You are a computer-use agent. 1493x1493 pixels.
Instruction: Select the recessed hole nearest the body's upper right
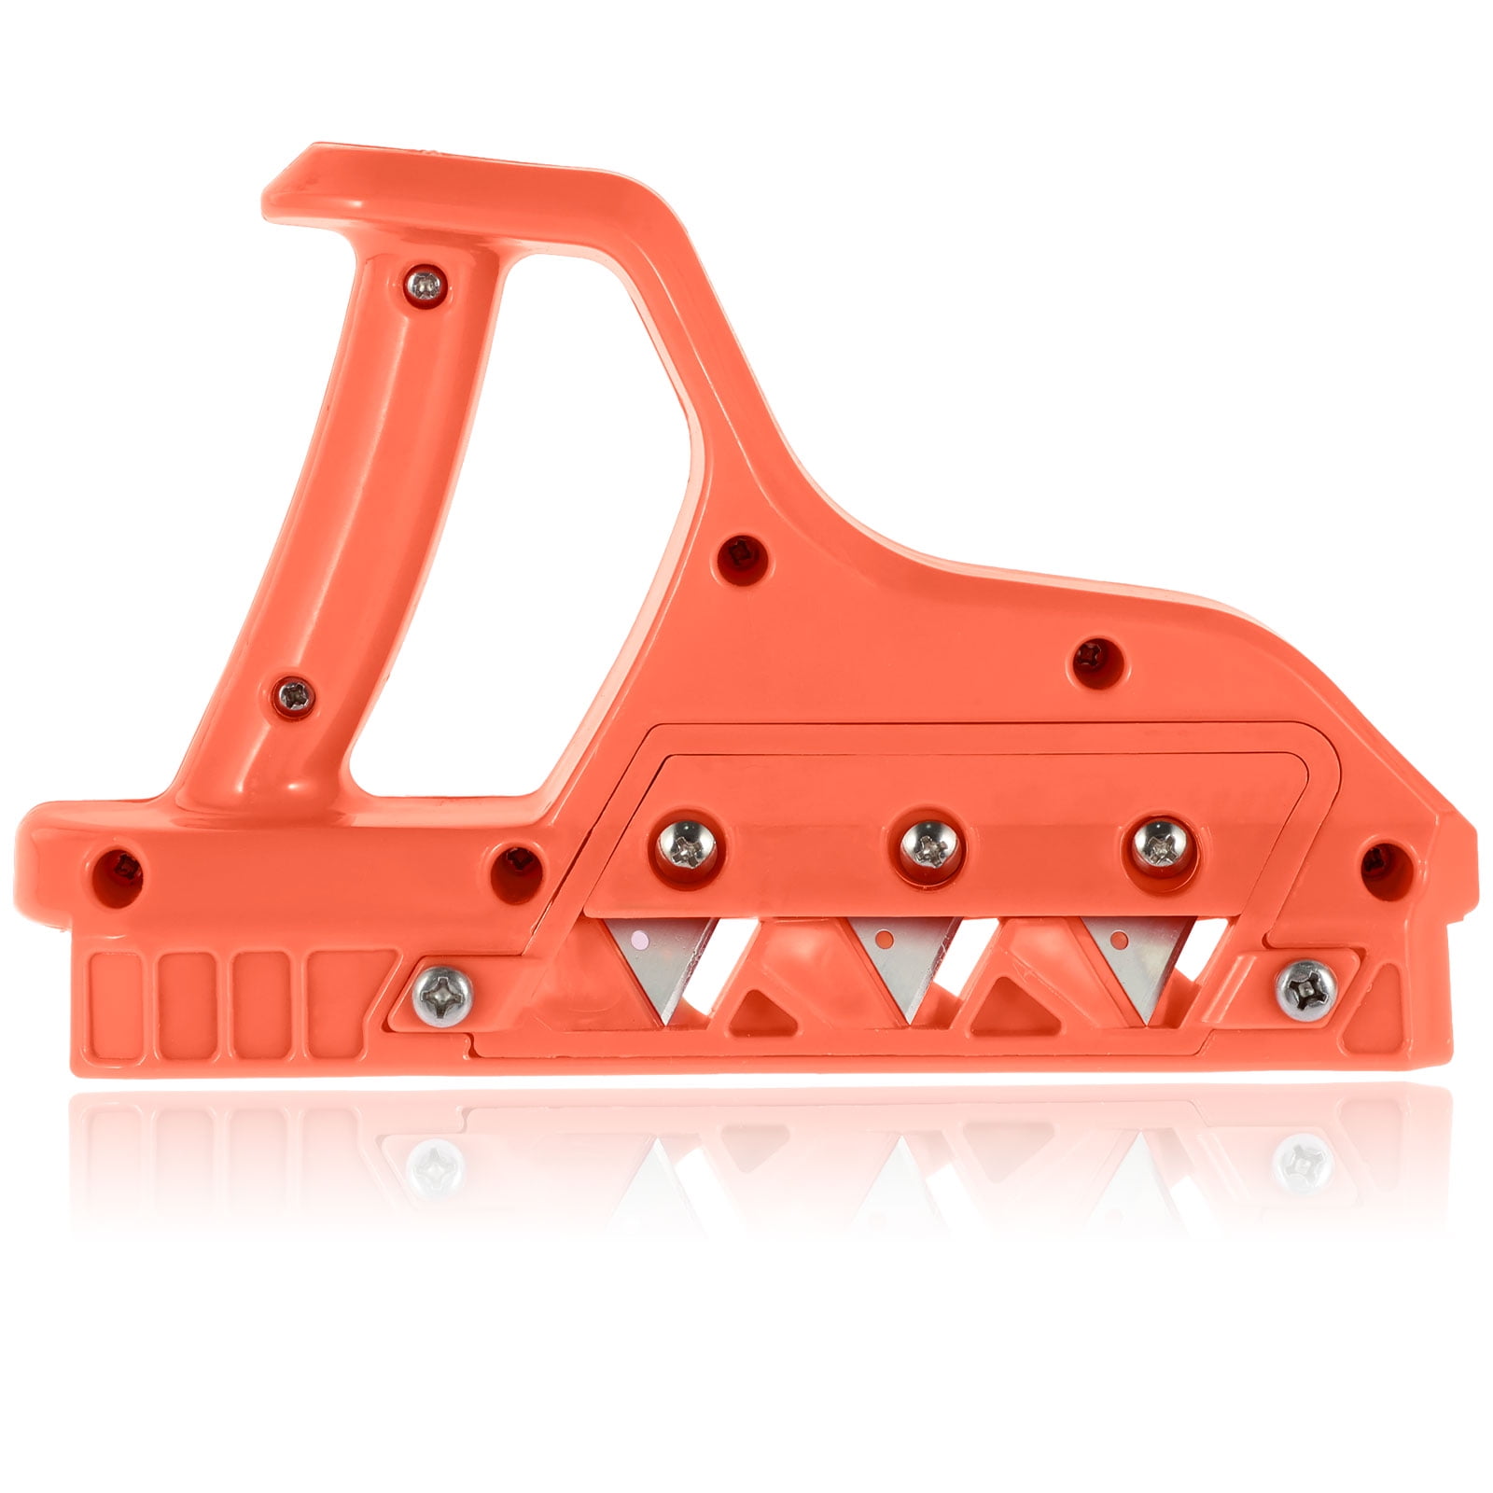(x=1095, y=656)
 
